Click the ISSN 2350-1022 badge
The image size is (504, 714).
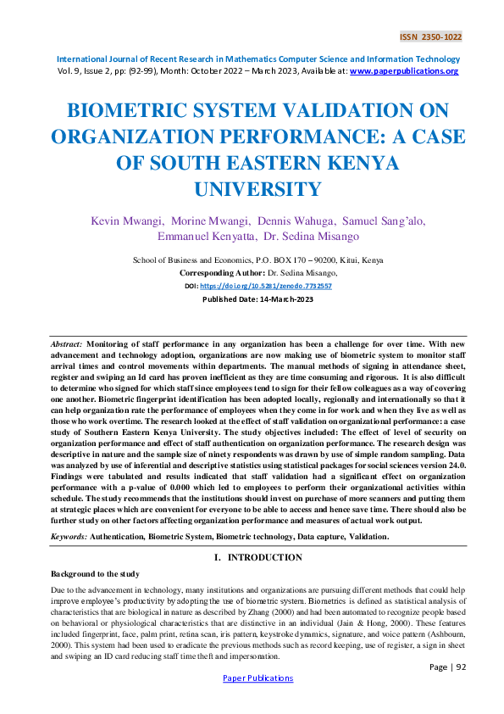click(x=430, y=38)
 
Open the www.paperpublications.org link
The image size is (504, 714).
click(x=404, y=72)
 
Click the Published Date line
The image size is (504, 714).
click(x=252, y=299)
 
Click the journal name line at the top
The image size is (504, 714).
click(x=258, y=59)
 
